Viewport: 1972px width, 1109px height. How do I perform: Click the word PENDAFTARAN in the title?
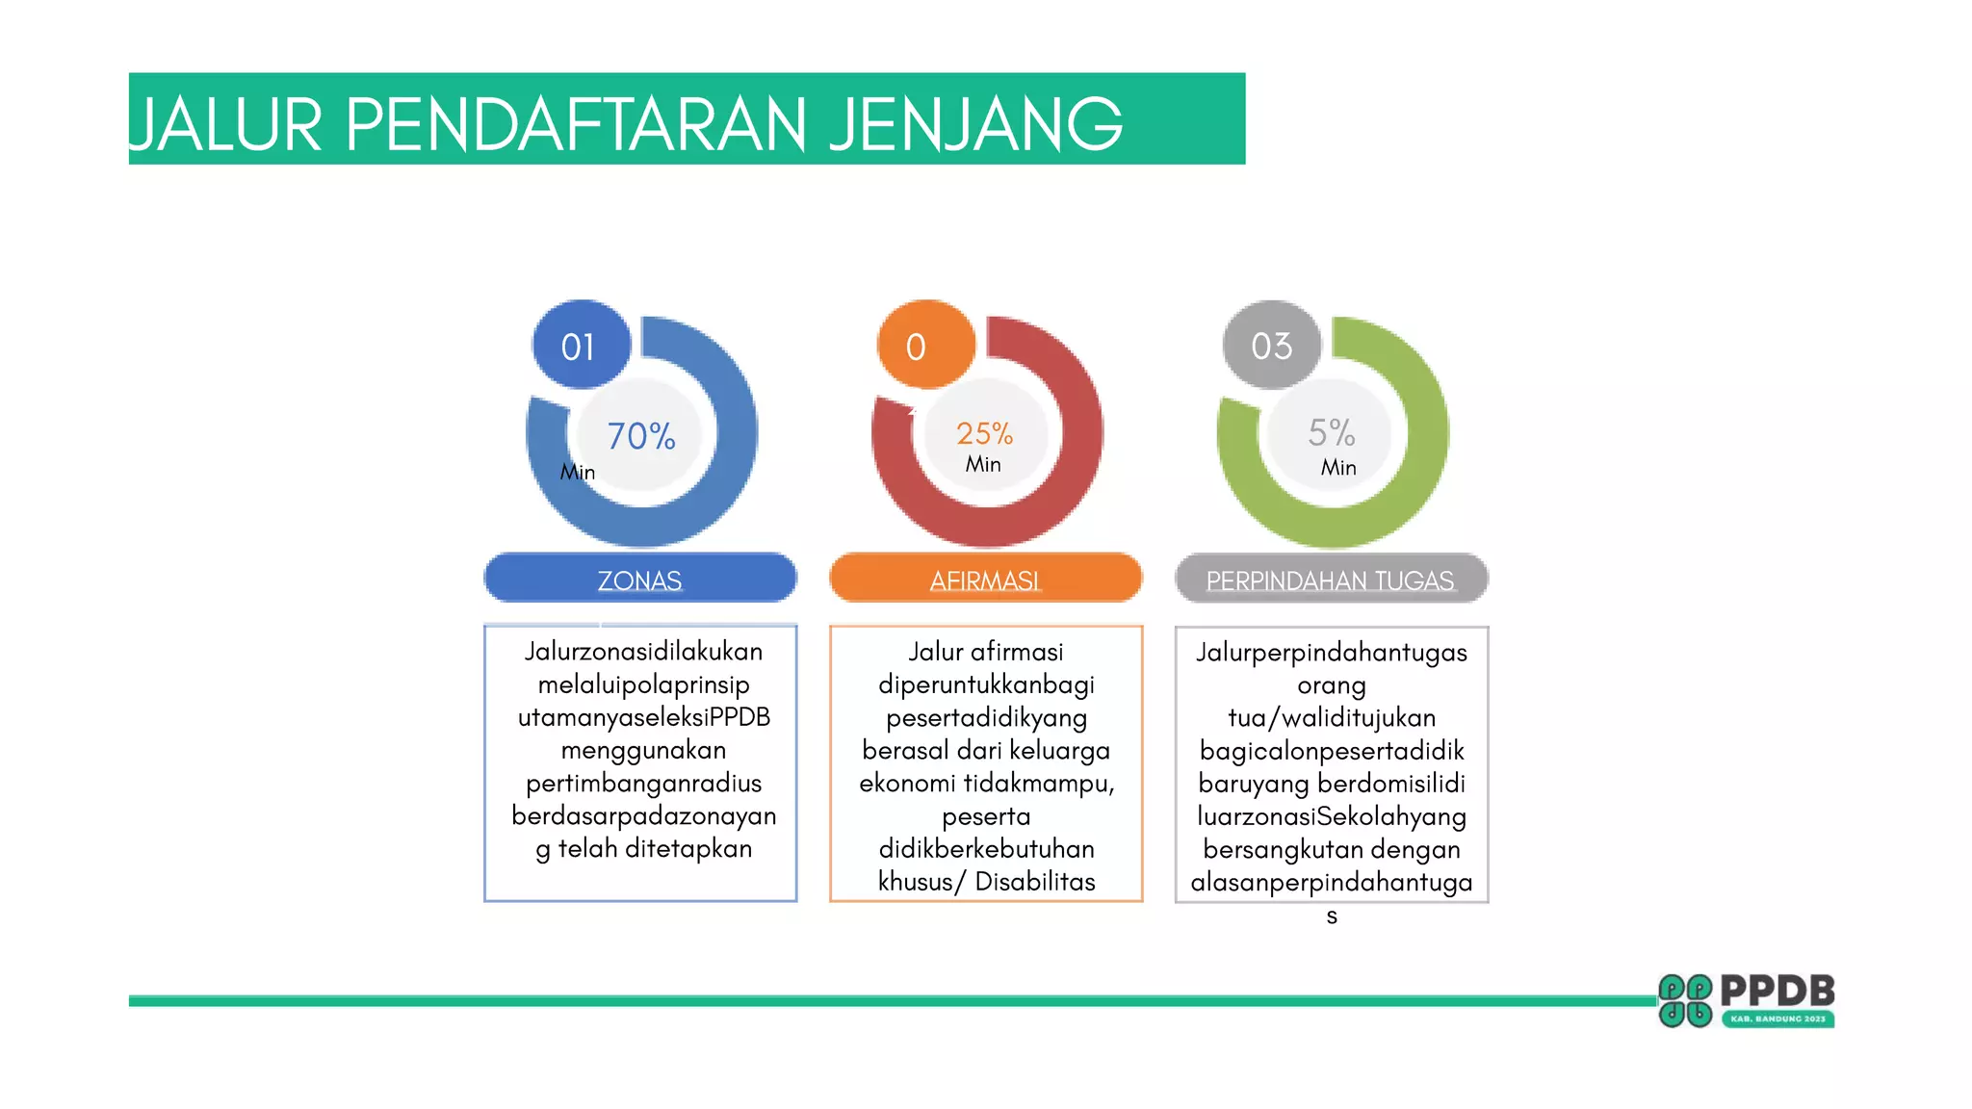coord(575,125)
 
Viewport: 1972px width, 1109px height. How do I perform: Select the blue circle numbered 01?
coord(581,346)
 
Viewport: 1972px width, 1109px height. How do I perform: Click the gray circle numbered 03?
coord(1271,346)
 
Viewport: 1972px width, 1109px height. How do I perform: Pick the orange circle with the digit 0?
coord(924,346)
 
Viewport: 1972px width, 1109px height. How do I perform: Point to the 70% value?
coord(641,436)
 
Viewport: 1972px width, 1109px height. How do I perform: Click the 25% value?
coord(984,433)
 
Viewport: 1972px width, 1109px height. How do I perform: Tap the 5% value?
coord(1331,432)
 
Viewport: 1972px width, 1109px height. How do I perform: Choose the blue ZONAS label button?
coord(639,579)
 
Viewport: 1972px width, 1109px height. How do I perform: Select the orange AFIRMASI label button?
coord(985,579)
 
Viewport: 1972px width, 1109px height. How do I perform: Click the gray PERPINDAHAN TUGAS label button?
coord(1331,579)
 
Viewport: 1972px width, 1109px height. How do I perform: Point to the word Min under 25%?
coord(983,465)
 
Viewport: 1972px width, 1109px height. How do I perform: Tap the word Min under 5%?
coord(1338,468)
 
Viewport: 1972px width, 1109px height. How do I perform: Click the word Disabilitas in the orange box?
coord(1035,882)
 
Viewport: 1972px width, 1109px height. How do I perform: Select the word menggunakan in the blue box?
coord(643,751)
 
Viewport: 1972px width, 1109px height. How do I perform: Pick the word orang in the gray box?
coord(1332,685)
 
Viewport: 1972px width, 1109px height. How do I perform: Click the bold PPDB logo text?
coord(1777,991)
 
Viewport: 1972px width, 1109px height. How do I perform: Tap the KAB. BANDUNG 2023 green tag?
coord(1777,1019)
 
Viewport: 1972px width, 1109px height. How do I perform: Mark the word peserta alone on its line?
coord(986,817)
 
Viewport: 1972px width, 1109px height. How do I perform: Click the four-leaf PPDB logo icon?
coord(1685,1001)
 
